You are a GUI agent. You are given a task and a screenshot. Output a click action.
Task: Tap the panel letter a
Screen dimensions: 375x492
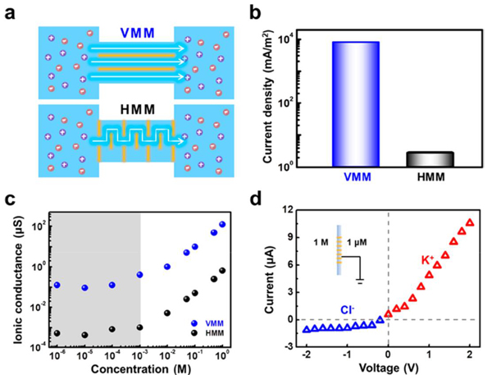tap(10, 11)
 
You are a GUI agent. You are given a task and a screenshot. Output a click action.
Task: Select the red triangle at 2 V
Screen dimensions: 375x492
tap(470, 222)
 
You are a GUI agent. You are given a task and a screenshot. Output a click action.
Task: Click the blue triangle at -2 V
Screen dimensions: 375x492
tap(307, 329)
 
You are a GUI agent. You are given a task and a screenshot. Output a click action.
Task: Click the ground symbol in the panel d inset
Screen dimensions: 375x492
tap(361, 281)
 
